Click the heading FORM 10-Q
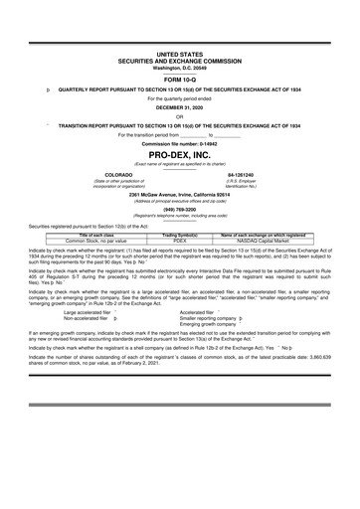pyautogui.click(x=180, y=79)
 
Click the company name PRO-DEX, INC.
pyautogui.click(x=180, y=157)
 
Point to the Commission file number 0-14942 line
pyautogui.click(x=180, y=144)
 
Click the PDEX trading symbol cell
pyautogui.click(x=180, y=241)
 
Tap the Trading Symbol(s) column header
pyautogui.click(x=180, y=235)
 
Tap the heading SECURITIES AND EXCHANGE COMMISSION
pyautogui.click(x=180, y=60)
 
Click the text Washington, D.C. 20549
pyautogui.click(x=180, y=67)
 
